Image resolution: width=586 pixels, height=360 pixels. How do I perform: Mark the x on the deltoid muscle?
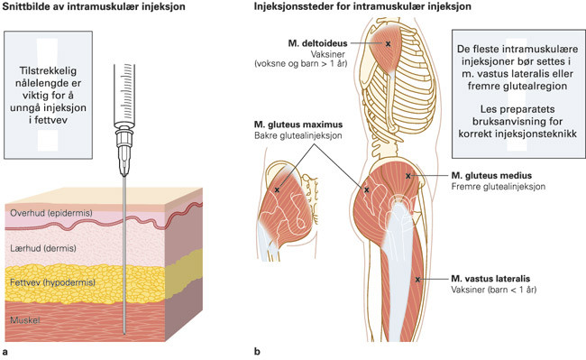point(389,42)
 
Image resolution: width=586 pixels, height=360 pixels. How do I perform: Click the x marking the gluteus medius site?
point(409,175)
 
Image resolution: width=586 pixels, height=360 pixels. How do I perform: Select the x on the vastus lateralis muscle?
point(418,279)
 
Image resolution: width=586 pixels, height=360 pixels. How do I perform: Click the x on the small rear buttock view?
point(278,190)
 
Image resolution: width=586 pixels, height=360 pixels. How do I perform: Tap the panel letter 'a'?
point(6,350)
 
